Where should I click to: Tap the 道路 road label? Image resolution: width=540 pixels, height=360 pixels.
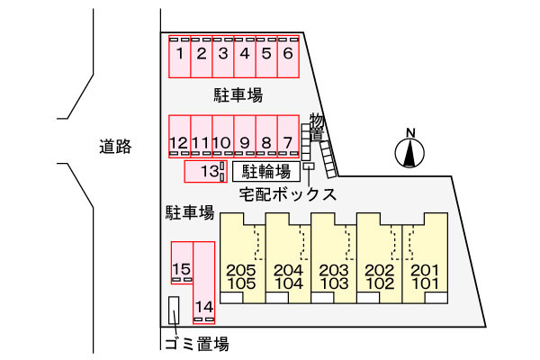coord(115,148)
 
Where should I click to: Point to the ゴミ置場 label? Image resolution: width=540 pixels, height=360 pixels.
coord(195,343)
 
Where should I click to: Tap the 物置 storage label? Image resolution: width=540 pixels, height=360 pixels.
coord(316,127)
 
